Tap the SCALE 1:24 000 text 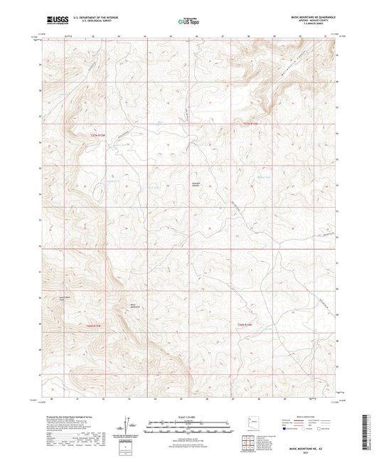188,417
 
